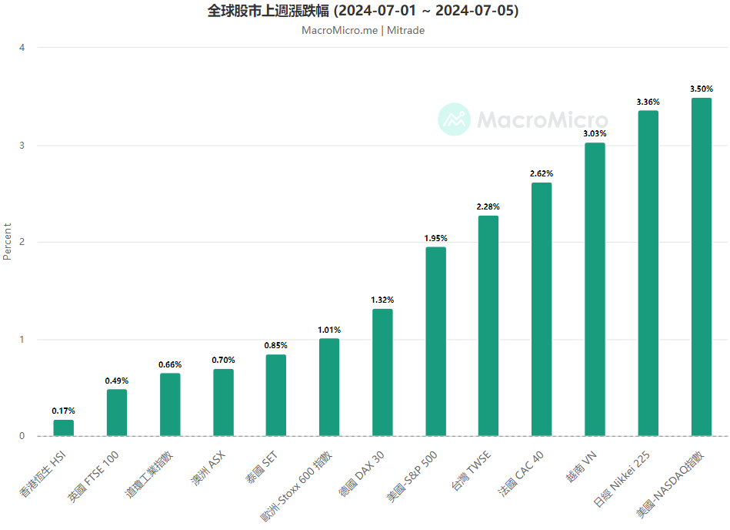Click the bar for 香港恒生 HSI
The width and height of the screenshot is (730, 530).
click(64, 428)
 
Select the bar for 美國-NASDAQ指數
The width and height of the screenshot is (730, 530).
click(702, 267)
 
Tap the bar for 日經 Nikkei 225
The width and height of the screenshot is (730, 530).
click(648, 273)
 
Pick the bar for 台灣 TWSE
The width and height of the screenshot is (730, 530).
click(488, 326)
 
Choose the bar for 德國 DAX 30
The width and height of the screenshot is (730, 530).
click(382, 373)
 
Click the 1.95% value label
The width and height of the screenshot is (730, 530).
click(435, 238)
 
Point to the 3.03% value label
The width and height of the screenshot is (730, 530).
click(595, 133)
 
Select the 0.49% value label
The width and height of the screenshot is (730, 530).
click(117, 381)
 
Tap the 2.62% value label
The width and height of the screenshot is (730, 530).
click(542, 173)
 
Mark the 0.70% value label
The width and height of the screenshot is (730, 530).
click(223, 360)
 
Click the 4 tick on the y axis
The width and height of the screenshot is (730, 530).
click(22, 48)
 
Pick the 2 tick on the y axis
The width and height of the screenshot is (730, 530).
click(22, 243)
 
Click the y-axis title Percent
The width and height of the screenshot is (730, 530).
click(8, 242)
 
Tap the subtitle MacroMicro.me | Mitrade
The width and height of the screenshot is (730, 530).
click(363, 31)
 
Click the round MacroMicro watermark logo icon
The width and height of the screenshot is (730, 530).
click(454, 119)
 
